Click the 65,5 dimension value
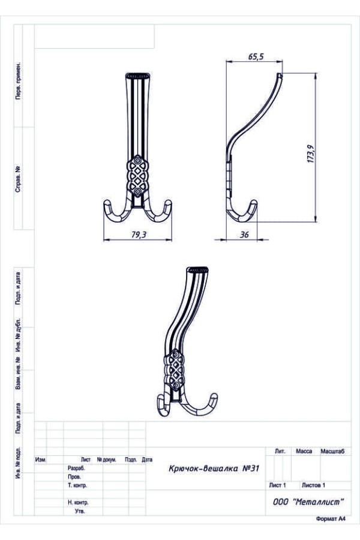[x=256, y=56]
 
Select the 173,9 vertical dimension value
[x=310, y=154]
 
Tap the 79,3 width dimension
[x=139, y=235]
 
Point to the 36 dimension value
[x=244, y=235]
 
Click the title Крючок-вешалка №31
[x=214, y=469]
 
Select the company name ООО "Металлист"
[x=308, y=502]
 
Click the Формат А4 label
[x=331, y=519]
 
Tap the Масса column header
[x=304, y=451]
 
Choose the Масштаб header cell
[x=332, y=451]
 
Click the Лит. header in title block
[x=280, y=451]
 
